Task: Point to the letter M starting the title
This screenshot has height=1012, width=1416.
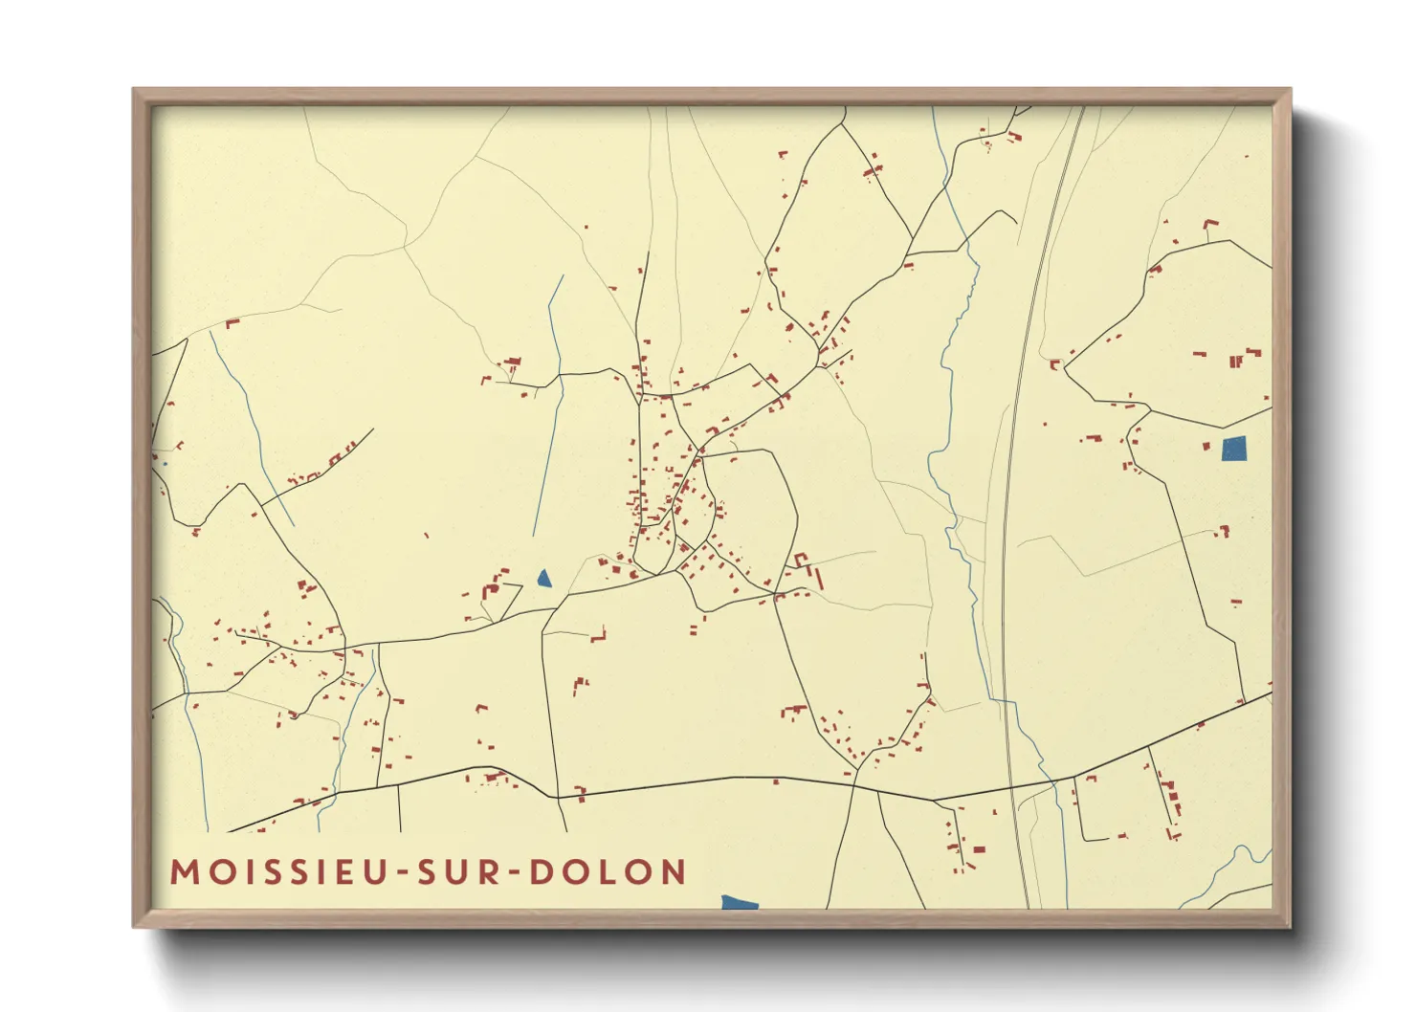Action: [x=184, y=872]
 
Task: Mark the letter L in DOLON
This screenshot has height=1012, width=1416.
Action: [x=608, y=872]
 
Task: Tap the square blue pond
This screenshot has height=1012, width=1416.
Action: [x=1234, y=449]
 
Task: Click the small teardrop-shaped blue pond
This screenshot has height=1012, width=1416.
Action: [x=544, y=578]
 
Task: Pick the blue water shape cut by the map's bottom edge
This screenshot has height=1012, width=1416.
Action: [x=739, y=902]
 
